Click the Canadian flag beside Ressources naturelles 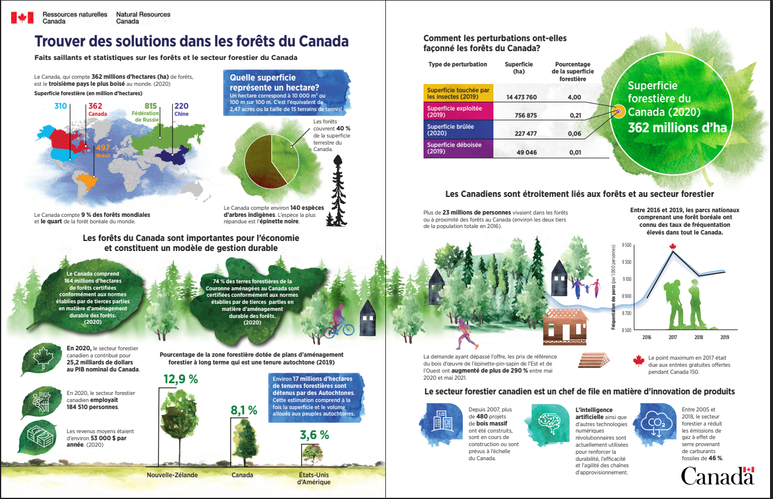click(x=22, y=17)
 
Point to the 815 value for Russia click(x=150, y=106)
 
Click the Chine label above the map click(x=182, y=114)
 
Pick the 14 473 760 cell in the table click(x=517, y=97)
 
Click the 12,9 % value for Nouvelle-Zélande click(x=180, y=380)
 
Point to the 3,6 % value click(x=314, y=436)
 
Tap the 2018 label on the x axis click(x=698, y=337)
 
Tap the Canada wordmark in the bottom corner click(x=717, y=475)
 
